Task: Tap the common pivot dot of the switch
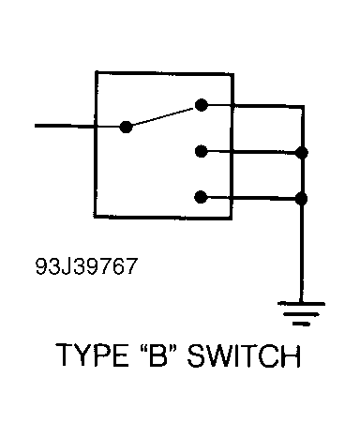(127, 126)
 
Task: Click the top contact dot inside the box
(200, 106)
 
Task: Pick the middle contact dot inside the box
(200, 151)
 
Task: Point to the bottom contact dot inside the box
(200, 198)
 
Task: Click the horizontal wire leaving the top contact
(253, 106)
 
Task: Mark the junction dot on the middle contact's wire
(301, 151)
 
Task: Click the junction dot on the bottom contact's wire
(301, 198)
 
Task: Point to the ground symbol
(301, 313)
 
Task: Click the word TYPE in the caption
(91, 357)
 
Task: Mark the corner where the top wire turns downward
(301, 106)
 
